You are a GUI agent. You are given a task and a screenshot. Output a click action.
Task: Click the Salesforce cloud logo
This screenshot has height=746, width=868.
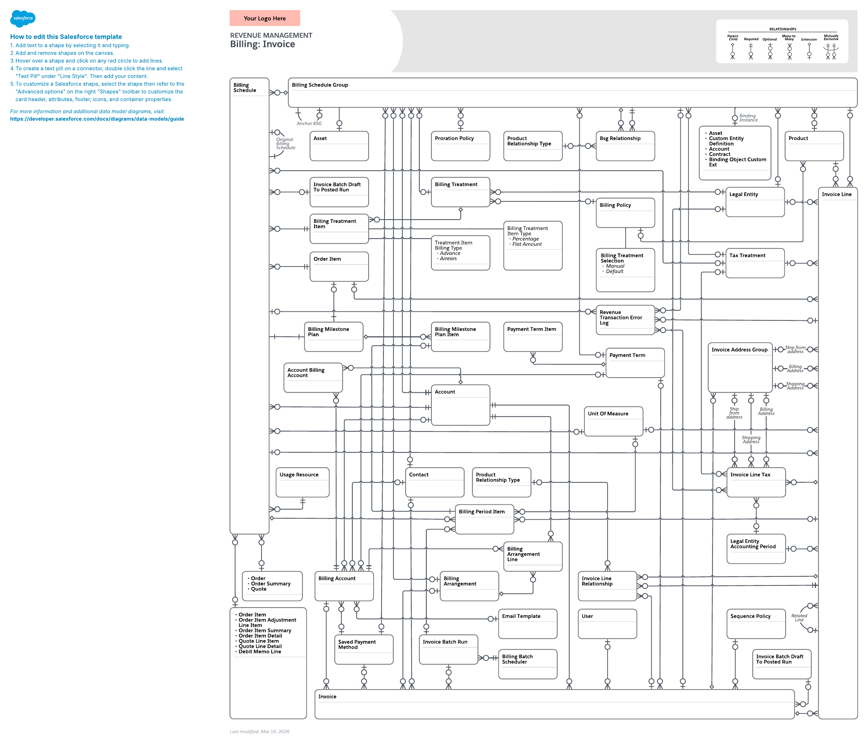[23, 18]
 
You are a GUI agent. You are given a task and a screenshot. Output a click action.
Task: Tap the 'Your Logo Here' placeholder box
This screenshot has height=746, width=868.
[265, 18]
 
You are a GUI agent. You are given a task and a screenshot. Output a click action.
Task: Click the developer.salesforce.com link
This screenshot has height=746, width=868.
[97, 119]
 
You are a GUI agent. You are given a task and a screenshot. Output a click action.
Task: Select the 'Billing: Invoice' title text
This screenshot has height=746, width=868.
[262, 44]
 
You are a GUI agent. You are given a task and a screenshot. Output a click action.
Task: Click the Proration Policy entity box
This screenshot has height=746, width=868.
[460, 146]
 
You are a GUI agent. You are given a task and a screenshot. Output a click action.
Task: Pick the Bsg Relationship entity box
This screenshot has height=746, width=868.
[625, 146]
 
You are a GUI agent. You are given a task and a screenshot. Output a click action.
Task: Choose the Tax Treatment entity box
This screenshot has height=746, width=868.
[755, 263]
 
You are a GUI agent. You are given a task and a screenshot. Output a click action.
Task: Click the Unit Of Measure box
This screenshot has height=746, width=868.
[613, 421]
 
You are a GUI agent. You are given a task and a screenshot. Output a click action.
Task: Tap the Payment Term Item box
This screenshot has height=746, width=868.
[532, 337]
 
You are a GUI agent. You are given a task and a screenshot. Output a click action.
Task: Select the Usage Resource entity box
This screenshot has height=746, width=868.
[302, 482]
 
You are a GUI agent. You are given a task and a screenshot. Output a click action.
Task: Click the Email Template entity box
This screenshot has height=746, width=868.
[527, 624]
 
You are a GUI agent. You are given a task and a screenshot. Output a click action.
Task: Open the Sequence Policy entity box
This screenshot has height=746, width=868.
[756, 624]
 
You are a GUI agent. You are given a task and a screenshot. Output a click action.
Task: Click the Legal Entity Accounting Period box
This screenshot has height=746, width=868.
[756, 549]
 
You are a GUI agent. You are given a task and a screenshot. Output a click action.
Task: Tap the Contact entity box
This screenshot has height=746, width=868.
[434, 482]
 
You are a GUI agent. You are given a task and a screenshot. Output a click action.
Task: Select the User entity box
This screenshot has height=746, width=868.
[607, 624]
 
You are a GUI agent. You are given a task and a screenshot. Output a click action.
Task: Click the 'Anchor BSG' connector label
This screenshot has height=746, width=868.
[309, 124]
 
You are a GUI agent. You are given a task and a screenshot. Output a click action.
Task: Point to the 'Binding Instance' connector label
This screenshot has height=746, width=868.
[748, 118]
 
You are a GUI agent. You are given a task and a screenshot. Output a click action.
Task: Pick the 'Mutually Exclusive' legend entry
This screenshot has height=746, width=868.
[831, 38]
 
